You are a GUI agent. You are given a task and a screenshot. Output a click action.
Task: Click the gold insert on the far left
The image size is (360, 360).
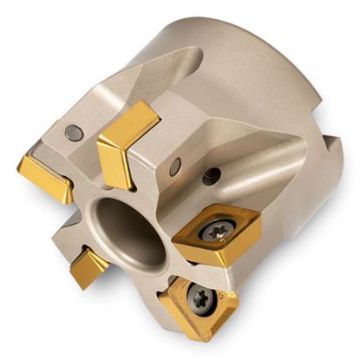43,176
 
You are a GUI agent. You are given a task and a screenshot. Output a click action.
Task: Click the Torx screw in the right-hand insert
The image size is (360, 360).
213,230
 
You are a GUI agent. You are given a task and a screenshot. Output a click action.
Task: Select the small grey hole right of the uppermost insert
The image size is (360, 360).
175,166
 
